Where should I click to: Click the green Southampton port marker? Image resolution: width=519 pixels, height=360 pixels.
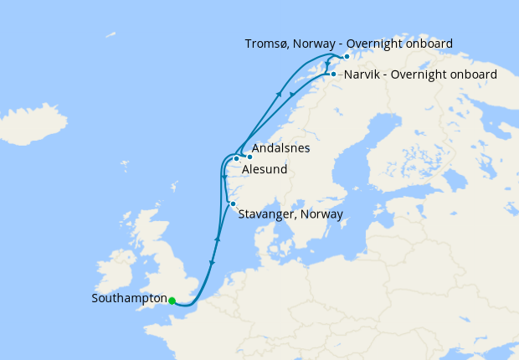171,301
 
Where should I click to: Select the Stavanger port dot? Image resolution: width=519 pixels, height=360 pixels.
232,204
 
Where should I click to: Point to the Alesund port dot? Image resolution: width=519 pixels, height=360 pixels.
237,158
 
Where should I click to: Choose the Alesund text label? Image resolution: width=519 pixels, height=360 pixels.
265,170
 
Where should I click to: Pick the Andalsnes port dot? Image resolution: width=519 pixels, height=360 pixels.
249,157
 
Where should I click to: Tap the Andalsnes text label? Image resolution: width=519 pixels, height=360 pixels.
280,149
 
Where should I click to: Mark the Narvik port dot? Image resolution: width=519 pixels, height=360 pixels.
333,75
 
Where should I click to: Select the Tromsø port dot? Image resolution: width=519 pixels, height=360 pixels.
347,56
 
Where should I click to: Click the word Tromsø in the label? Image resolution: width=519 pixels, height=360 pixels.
267,44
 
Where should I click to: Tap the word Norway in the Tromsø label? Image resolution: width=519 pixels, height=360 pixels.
317,44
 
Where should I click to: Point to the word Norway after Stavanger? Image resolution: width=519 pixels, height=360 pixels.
321,215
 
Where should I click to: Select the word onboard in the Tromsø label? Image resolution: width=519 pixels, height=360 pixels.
429,44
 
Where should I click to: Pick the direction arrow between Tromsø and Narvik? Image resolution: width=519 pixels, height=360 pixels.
326,64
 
